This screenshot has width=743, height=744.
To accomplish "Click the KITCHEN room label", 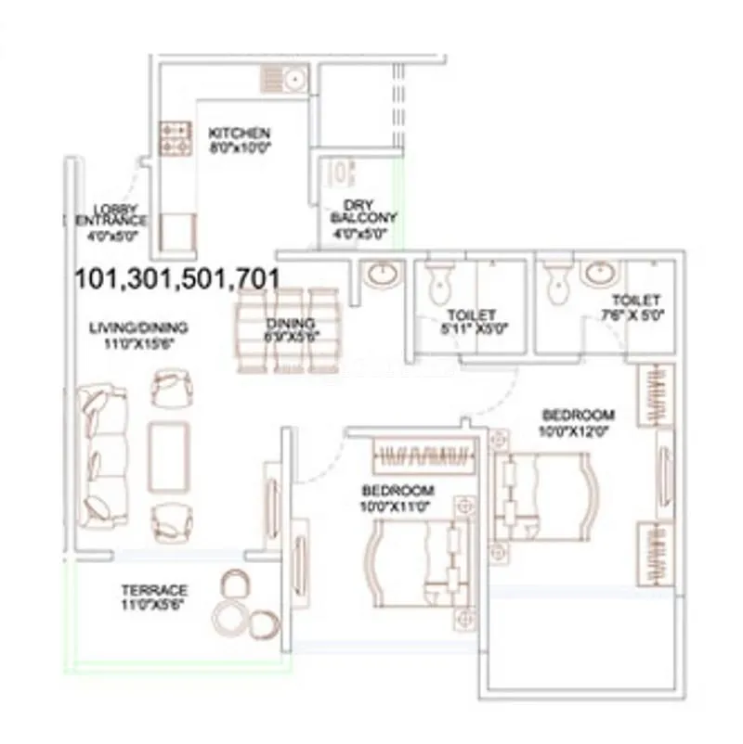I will point(239,134).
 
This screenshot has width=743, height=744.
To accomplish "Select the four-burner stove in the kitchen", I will point(175,137).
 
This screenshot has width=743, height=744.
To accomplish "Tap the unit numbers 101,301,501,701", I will point(176,276).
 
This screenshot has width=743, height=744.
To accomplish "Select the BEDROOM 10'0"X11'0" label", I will point(398,497).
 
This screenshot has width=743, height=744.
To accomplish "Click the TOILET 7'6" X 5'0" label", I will point(636,307).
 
